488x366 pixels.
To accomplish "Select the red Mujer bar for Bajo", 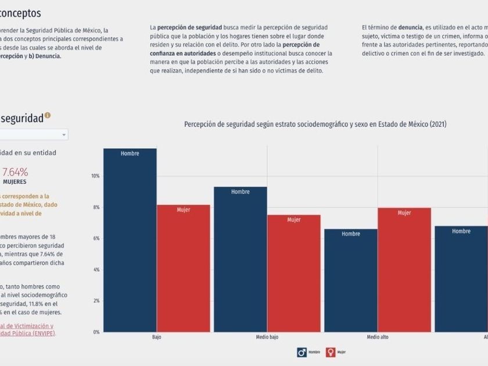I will click(184, 268).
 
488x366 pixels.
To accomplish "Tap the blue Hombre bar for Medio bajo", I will click(241, 259).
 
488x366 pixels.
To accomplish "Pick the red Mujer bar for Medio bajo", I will click(294, 273).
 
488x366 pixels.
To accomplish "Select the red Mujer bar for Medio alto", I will click(404, 270).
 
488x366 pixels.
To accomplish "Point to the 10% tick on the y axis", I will click(96, 176).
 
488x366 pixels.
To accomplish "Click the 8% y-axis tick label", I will click(96, 207).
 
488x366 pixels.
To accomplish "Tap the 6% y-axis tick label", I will click(96, 238).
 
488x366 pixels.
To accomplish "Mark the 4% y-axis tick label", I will click(96, 270).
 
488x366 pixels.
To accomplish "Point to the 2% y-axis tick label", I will click(96, 301).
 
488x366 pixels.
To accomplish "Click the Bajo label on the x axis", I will click(157, 337).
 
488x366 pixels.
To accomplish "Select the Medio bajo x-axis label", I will click(267, 337).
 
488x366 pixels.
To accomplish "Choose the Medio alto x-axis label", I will click(378, 337).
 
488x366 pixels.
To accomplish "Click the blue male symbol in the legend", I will click(302, 352).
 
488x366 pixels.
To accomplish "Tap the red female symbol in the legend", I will click(331, 352).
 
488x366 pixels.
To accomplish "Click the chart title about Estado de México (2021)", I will click(315, 124).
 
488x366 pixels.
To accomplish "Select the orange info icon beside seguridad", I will click(48, 116).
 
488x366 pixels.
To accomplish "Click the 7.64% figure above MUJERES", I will click(15, 172).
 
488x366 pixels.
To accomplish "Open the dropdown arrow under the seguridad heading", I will click(63, 135).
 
